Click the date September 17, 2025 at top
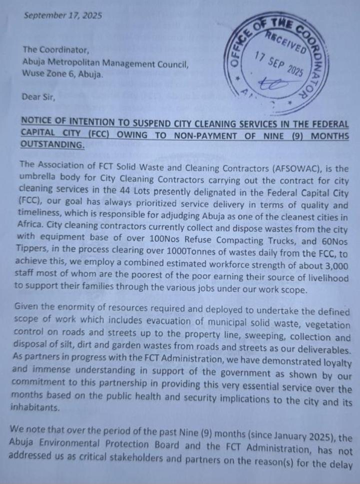coord(62,15)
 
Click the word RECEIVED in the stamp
coord(286,41)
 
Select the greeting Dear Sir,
coord(39,97)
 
